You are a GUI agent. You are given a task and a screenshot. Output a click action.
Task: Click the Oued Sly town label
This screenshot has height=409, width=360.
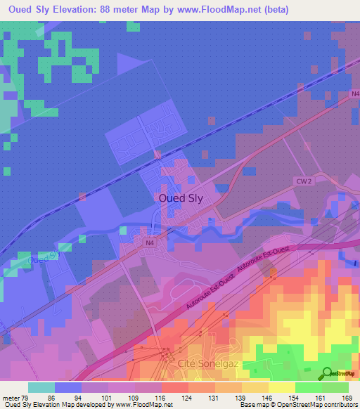(x=179, y=198)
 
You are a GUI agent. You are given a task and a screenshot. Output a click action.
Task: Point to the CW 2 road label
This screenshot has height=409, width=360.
(x=302, y=181)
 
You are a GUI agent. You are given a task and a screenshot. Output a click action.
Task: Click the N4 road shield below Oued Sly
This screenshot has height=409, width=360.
(x=149, y=243)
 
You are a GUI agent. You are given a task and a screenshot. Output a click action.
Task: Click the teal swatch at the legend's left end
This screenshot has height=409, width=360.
(x=41, y=387)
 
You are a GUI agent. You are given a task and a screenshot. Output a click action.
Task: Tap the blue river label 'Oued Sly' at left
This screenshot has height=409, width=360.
(x=44, y=259)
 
